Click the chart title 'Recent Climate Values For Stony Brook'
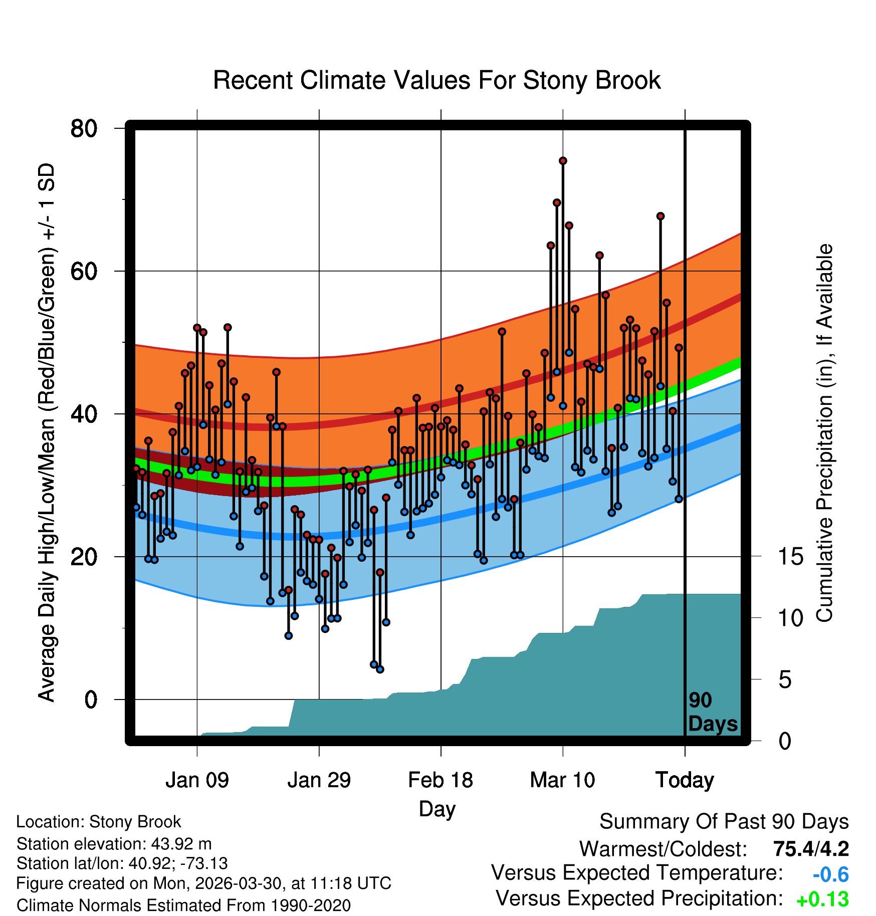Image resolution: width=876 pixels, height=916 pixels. click(437, 80)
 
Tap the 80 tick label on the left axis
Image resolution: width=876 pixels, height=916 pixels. click(84, 128)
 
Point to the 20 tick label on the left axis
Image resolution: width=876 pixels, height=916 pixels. click(84, 557)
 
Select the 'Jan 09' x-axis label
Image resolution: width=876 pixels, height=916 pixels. click(197, 780)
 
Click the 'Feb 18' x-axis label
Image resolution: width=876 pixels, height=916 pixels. click(441, 780)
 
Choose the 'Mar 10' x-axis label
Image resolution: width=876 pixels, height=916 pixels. click(562, 780)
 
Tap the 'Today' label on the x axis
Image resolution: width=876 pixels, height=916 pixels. click(685, 781)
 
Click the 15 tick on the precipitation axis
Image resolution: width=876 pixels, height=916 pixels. click(791, 557)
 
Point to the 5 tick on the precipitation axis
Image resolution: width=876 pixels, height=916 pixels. click(785, 680)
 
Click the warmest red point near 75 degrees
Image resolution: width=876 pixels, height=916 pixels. click(563, 161)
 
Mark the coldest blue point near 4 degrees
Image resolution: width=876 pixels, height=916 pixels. click(380, 669)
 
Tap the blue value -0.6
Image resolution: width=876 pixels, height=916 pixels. click(830, 875)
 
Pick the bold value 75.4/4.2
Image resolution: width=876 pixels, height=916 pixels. click(811, 849)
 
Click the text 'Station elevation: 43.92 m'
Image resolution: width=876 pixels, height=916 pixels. click(114, 844)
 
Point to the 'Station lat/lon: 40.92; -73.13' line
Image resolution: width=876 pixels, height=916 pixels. click(122, 863)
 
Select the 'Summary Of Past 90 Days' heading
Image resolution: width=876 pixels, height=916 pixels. click(724, 822)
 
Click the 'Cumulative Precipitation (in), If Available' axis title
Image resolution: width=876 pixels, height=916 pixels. click(824, 433)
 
